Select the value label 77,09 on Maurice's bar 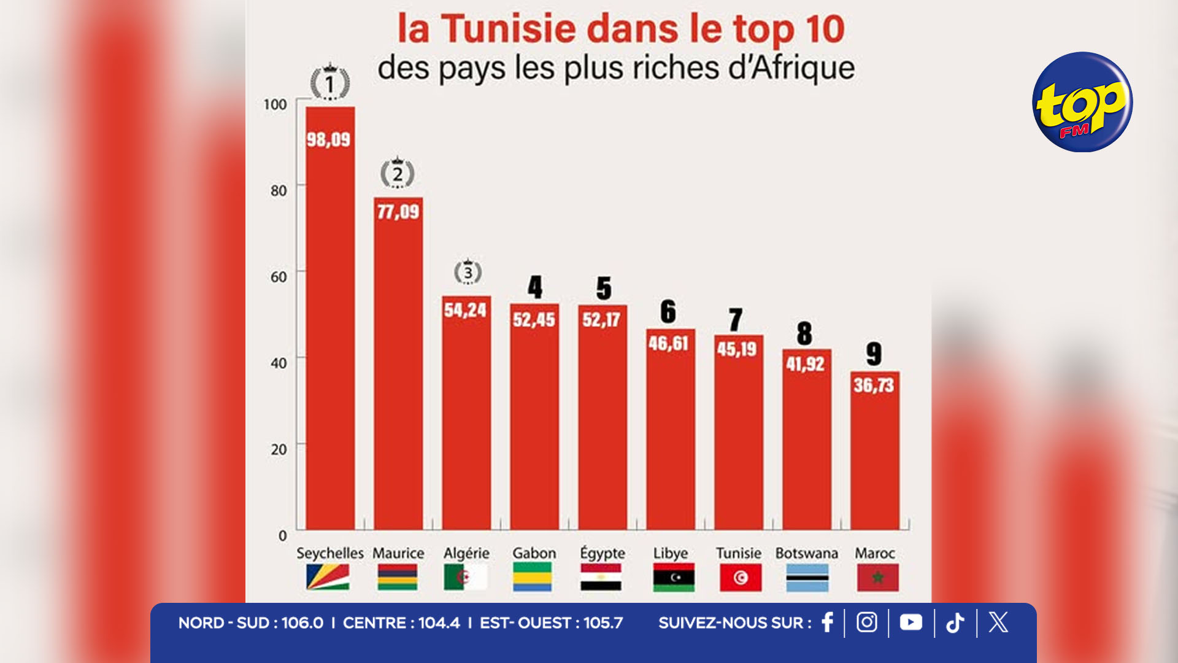pos(398,212)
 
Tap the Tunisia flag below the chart pos(741,578)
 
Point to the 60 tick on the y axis pos(279,277)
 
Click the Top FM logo pos(1082,102)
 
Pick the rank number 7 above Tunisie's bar pos(736,319)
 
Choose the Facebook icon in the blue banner pos(827,622)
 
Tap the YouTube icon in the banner pos(910,622)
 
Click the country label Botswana pos(806,553)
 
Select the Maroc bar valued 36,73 pos(874,454)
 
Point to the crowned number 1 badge pos(330,83)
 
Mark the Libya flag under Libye pos(674,578)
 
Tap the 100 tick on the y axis pos(275,104)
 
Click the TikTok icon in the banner pos(955,622)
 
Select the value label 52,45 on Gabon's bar pos(534,320)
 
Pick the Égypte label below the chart pos(602,553)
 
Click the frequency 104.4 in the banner pos(439,623)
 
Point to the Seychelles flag pos(328,578)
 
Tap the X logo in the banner pos(998,622)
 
